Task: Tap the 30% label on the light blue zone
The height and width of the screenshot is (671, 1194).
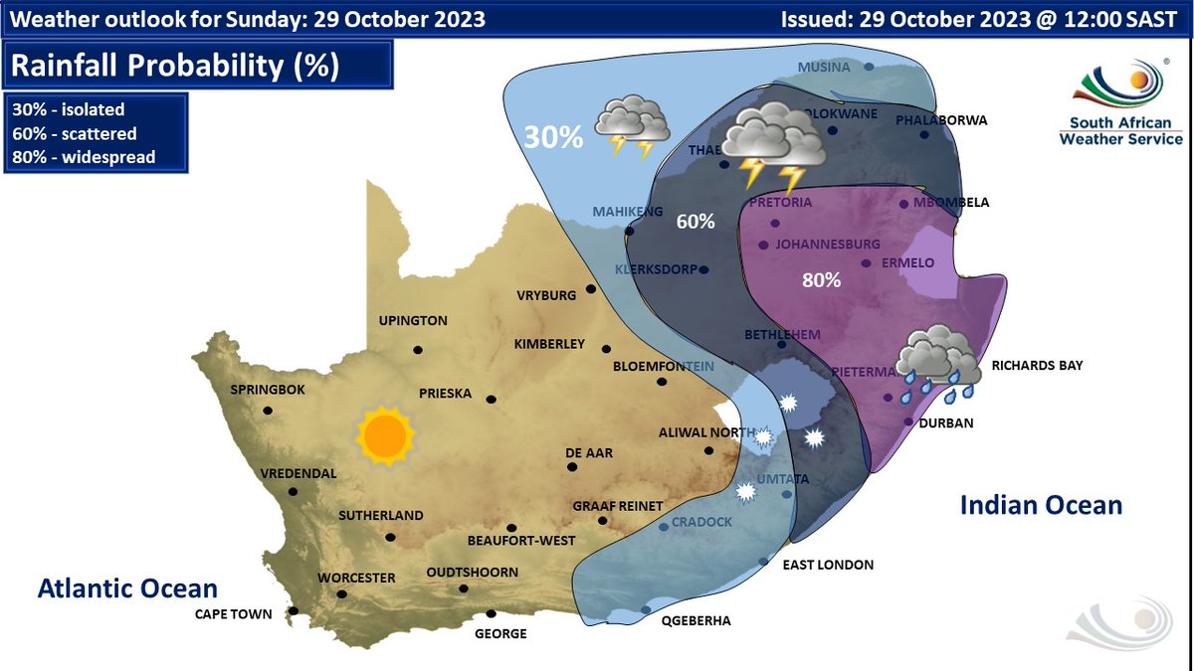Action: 553,136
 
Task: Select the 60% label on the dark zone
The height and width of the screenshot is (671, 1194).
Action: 696,221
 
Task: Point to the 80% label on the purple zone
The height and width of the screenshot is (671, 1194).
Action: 822,279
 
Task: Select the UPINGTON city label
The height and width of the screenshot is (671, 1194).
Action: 413,321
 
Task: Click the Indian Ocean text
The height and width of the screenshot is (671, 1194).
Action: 1041,505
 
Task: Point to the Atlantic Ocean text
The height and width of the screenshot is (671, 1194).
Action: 127,588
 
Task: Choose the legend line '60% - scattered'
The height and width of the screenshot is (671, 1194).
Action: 75,133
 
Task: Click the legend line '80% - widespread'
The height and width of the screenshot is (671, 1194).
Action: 84,157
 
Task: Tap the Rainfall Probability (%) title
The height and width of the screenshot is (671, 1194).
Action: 174,67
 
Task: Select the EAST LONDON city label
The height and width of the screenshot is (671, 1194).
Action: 828,565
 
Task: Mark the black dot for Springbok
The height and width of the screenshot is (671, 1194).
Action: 267,411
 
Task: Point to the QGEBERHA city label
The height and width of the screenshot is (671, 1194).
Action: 696,620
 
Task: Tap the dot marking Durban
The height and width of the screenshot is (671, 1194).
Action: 908,421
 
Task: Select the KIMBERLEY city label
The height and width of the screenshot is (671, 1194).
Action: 549,344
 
